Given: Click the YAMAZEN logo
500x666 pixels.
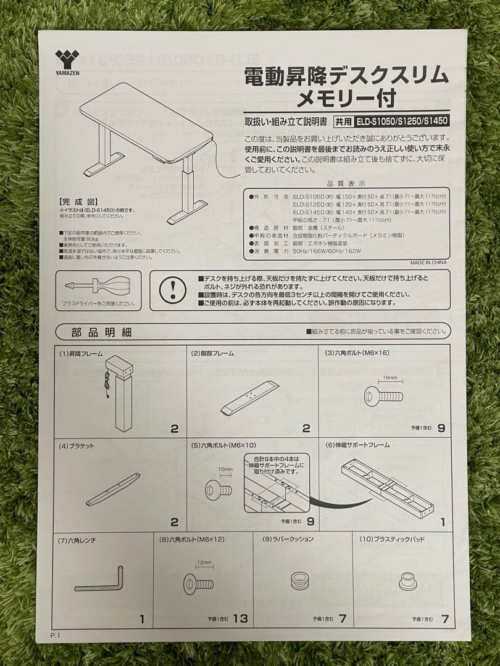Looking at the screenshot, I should pyautogui.click(x=67, y=62).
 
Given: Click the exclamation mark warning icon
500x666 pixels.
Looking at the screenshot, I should pyautogui.click(x=172, y=289).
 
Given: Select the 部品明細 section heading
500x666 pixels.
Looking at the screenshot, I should pyautogui.click(x=101, y=332).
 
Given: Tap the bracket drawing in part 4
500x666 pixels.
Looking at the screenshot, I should pyautogui.click(x=113, y=489).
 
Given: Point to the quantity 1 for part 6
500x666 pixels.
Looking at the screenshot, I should pyautogui.click(x=442, y=522).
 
